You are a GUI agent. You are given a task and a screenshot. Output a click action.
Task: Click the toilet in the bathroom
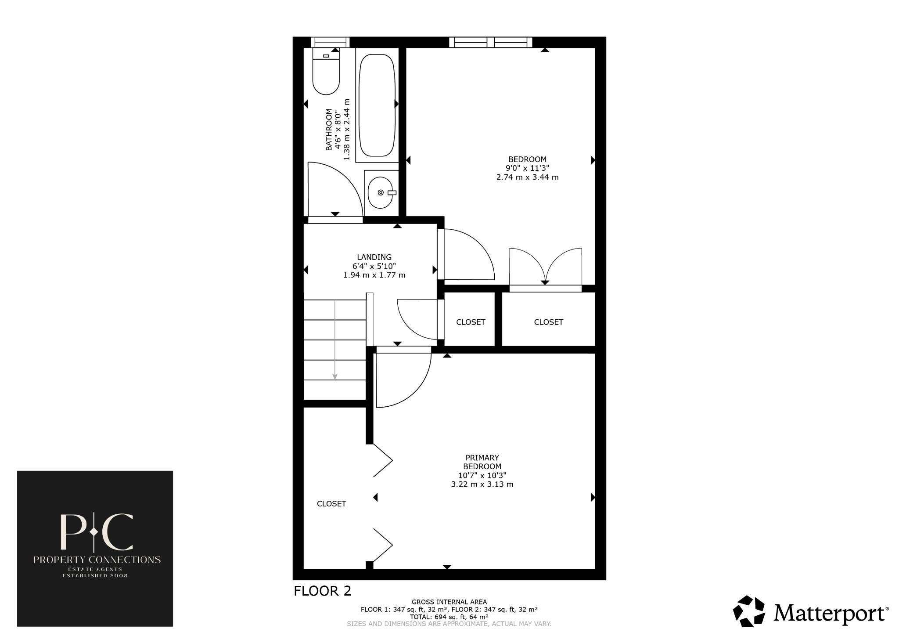(326, 72)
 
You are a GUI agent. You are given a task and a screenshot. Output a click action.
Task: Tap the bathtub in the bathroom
(377, 105)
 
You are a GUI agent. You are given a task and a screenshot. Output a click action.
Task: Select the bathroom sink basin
(381, 193)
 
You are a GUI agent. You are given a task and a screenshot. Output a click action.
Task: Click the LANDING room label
(374, 257)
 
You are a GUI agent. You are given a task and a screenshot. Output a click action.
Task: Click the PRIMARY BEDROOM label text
(482, 462)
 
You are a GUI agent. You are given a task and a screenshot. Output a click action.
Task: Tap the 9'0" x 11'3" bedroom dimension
(527, 168)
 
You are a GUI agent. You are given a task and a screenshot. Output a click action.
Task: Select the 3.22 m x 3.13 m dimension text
(482, 484)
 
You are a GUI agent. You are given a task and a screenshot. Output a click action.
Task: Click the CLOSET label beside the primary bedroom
(331, 504)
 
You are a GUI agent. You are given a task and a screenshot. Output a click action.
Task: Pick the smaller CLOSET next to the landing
(471, 322)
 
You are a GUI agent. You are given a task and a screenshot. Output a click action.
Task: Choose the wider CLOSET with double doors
(548, 322)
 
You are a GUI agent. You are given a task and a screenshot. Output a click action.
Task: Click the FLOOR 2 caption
(322, 591)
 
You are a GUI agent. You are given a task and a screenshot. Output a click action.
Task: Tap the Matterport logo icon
(749, 611)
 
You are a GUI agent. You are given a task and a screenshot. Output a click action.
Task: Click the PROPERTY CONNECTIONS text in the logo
(97, 560)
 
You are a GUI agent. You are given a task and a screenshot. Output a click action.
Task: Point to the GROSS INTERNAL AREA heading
(449, 602)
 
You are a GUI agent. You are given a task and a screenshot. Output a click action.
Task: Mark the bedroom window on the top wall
(490, 42)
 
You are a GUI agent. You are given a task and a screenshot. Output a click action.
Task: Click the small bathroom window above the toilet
(330, 42)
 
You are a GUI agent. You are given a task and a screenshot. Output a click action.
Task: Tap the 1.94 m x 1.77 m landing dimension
(374, 275)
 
